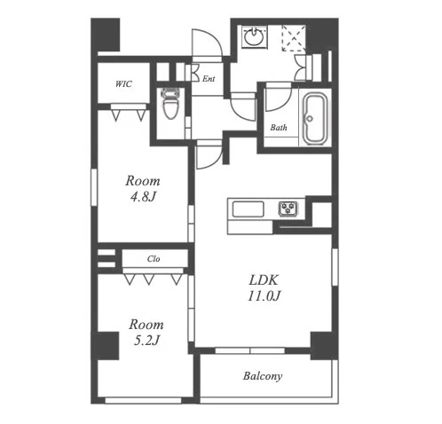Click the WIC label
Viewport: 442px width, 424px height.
123,84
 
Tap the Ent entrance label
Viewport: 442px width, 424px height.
209,79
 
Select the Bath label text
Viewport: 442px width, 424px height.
279,128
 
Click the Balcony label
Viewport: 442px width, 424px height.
263,376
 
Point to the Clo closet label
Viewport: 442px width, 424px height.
154,259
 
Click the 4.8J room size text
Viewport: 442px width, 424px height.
143,197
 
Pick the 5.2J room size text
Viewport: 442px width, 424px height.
146,341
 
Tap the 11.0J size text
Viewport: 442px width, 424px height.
264,296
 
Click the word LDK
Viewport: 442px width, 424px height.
264,280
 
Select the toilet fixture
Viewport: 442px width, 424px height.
170,104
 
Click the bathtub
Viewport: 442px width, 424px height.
315,119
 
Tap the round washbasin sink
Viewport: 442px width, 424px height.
254,37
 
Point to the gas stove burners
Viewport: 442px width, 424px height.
288,208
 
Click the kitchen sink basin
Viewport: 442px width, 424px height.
248,209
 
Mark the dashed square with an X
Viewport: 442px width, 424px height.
293,38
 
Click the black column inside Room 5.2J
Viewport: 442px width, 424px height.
107,346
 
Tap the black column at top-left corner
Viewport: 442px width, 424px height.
106,35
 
